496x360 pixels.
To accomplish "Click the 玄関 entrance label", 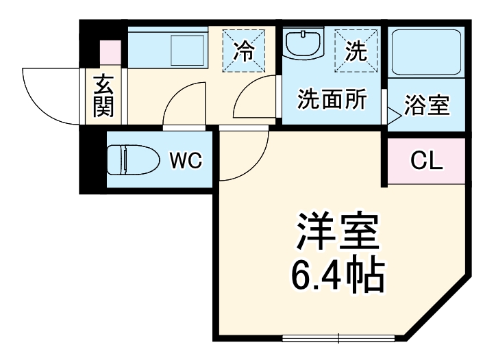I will (104, 95).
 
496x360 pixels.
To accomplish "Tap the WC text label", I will (185, 161).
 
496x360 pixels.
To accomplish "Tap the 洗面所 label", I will (332, 100).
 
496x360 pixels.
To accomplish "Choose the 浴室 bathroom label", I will (427, 105).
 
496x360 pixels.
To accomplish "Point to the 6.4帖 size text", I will (336, 275).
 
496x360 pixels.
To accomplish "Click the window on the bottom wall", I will (338, 337).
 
